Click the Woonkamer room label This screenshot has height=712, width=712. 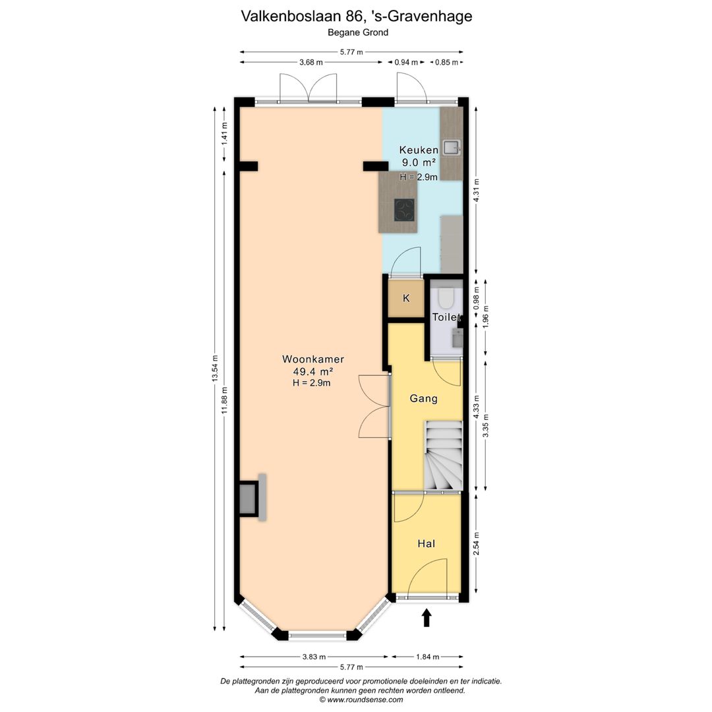(313, 359)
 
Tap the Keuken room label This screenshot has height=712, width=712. (418, 150)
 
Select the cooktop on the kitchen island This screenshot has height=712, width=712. (404, 210)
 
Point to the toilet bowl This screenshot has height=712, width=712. (446, 299)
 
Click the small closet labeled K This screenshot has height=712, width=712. (406, 299)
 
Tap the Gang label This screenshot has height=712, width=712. (423, 398)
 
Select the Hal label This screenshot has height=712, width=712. (426, 543)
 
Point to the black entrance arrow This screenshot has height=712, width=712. (427, 618)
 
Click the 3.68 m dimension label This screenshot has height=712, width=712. (311, 62)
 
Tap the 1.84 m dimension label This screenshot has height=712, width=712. (427, 657)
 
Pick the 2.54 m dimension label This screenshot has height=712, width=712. (476, 544)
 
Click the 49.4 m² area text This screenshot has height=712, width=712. (313, 371)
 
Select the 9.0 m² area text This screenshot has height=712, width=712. (418, 162)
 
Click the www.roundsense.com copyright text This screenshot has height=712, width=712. (361, 699)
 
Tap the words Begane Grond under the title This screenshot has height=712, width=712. (357, 32)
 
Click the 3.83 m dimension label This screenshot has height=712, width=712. (313, 657)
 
